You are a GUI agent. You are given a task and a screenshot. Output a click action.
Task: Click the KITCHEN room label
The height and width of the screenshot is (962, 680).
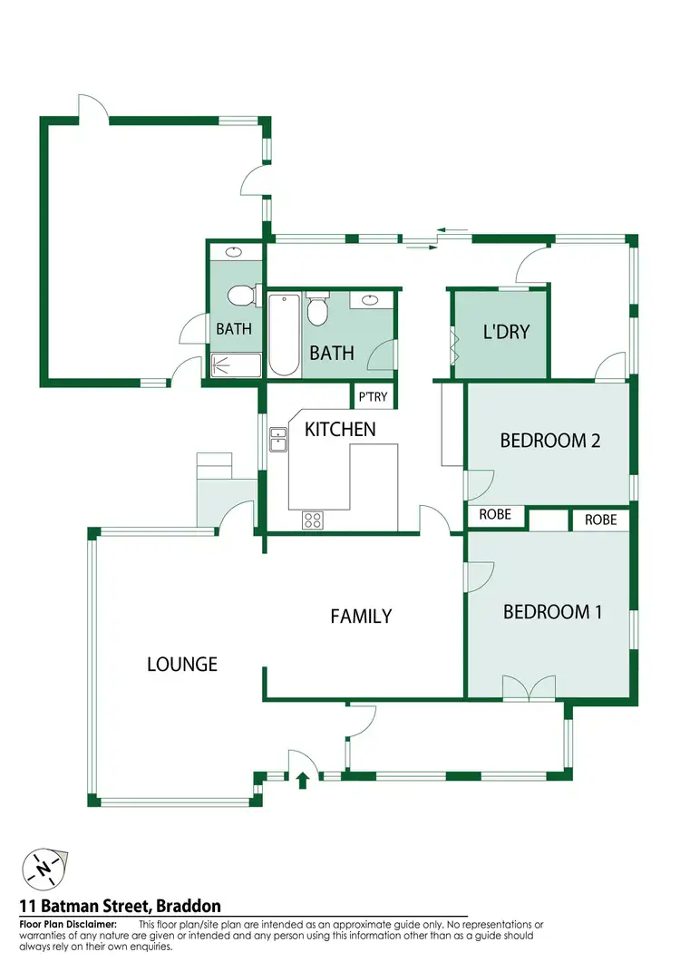[340, 429]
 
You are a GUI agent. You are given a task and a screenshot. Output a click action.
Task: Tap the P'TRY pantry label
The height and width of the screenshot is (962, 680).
[372, 397]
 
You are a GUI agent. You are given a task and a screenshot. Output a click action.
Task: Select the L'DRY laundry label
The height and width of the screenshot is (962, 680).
[505, 332]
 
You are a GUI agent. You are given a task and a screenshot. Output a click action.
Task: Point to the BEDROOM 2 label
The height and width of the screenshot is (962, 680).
[550, 441]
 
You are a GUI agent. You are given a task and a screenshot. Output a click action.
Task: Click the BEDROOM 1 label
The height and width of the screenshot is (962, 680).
[552, 612]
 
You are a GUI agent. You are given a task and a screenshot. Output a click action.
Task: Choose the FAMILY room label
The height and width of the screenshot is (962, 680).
[361, 617]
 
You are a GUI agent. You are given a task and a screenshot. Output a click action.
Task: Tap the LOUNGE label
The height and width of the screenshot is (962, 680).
[182, 665]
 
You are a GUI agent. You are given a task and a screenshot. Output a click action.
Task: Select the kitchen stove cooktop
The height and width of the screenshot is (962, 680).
[313, 520]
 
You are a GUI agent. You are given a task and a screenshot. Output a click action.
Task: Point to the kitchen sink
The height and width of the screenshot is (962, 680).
[278, 439]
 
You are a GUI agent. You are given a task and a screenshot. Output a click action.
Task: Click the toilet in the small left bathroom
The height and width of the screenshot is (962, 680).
[240, 296]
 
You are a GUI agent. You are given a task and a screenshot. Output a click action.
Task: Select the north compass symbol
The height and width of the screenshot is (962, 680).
[42, 868]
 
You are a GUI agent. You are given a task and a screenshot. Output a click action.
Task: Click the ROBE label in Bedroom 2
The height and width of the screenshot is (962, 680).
[495, 515]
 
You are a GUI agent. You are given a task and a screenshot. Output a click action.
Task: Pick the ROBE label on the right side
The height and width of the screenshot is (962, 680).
[600, 520]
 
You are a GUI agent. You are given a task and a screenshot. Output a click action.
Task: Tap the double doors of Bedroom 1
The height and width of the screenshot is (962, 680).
[528, 689]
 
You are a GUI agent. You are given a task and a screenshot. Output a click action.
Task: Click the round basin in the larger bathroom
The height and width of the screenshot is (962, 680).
[371, 300]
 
